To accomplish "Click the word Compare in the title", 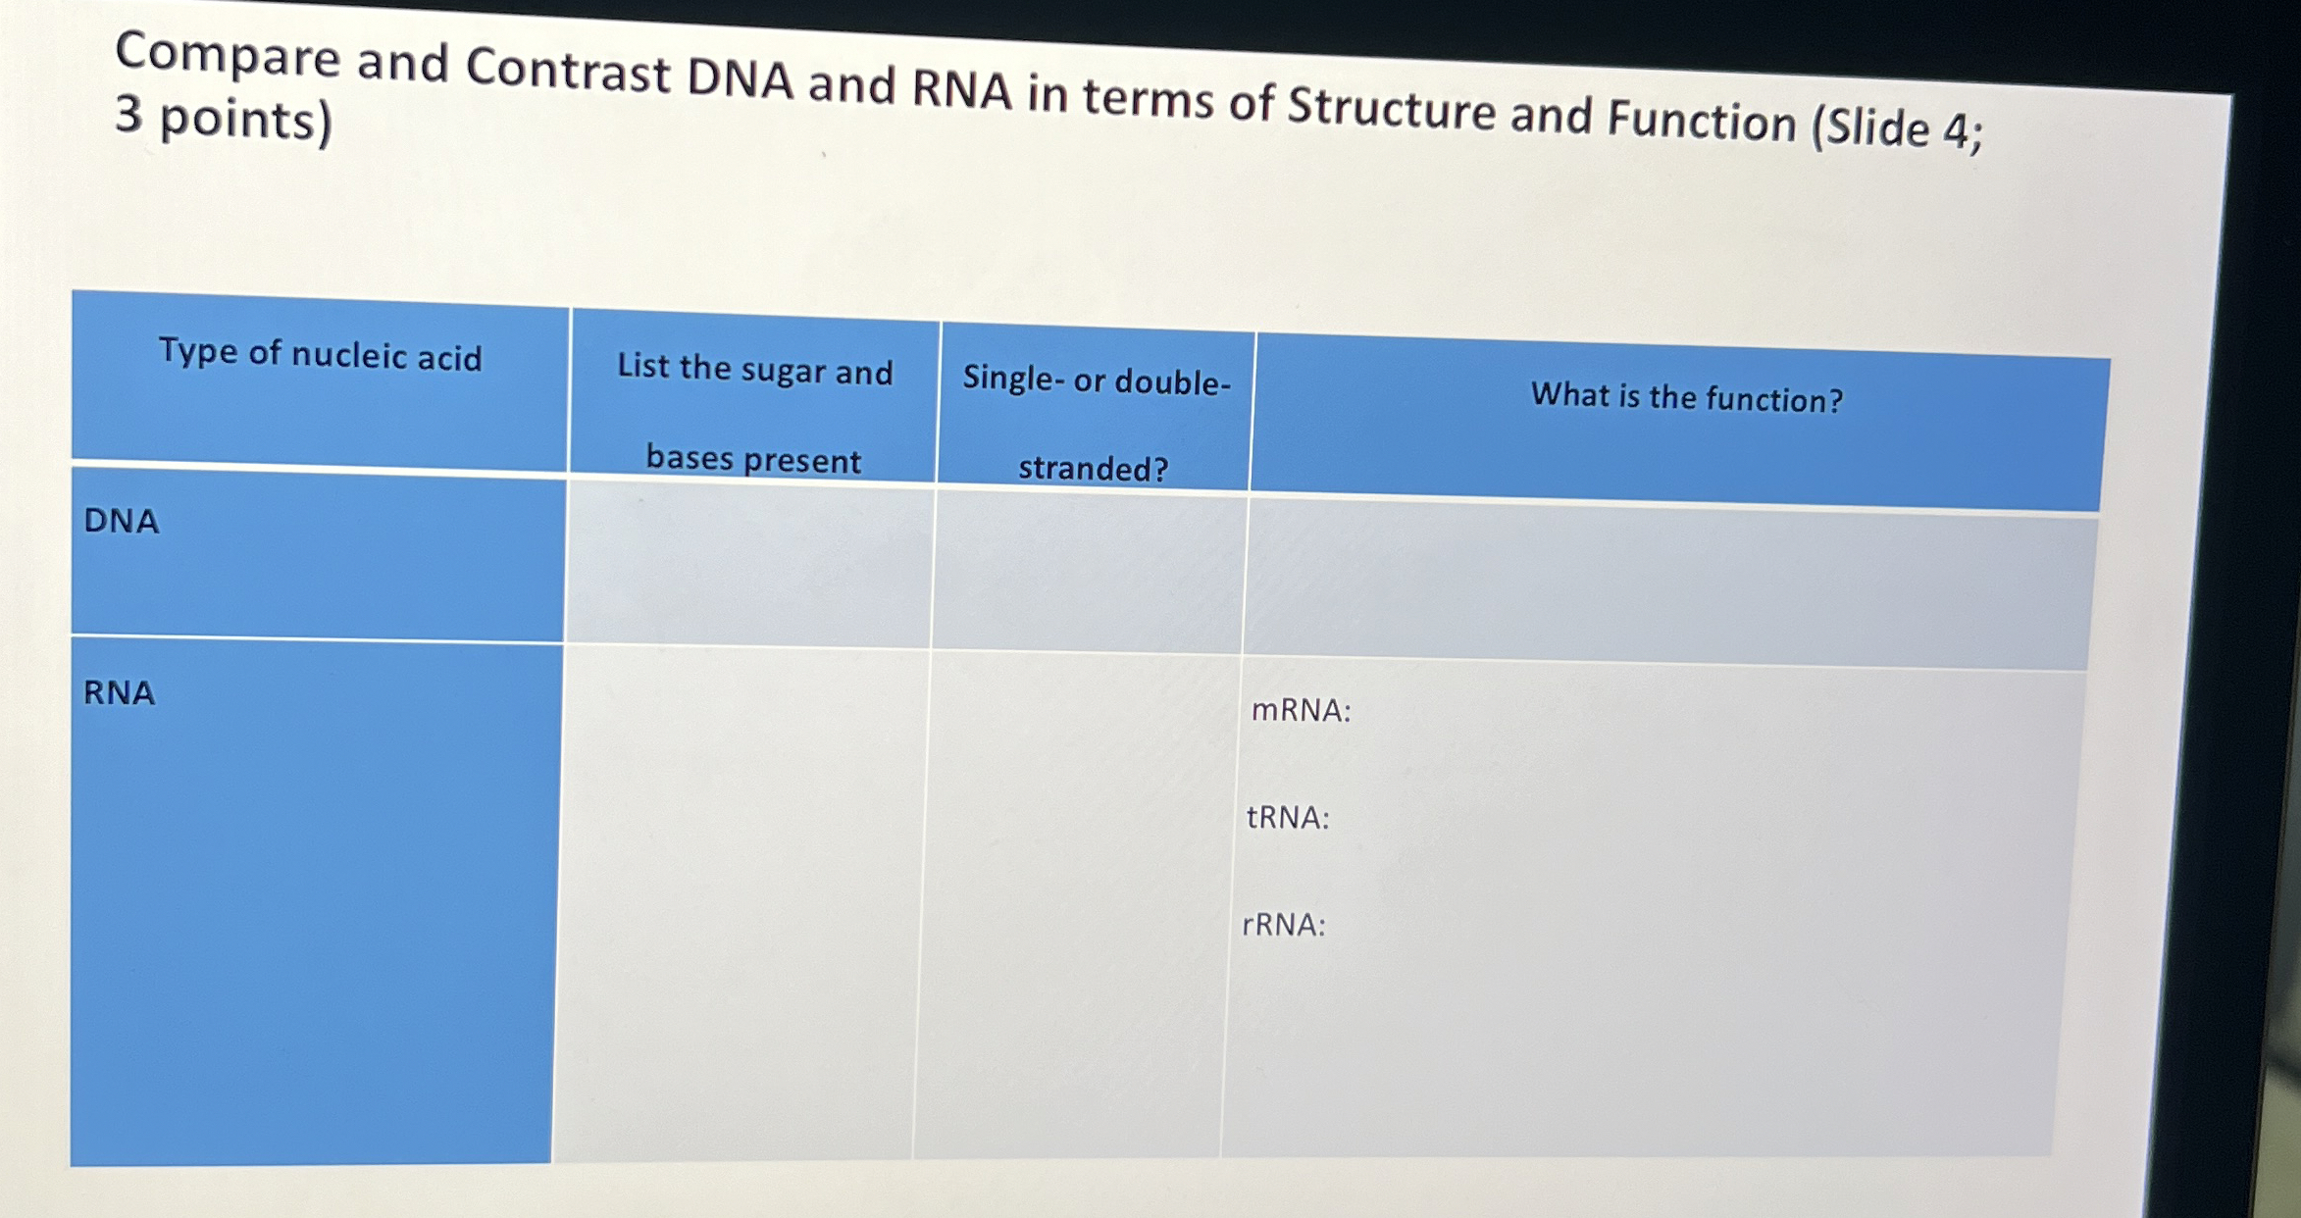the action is [228, 56].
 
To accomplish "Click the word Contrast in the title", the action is [568, 70].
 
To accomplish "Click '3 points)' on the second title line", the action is [224, 120].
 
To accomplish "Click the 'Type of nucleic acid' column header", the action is [321, 354].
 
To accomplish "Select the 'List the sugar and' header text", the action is [755, 370].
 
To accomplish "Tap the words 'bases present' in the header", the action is [753, 458].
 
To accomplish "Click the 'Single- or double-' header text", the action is [1097, 380].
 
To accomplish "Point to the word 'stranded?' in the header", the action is [1094, 468].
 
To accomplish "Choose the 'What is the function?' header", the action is [1687, 397].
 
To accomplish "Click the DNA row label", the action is [122, 520].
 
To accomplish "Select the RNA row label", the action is [119, 692].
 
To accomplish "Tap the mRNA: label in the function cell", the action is [1302, 710].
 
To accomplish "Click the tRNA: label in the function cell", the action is [1288, 817].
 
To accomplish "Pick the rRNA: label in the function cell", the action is [1284, 925].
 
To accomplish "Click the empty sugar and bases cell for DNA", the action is [749, 564].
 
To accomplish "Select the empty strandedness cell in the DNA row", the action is [1090, 571].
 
